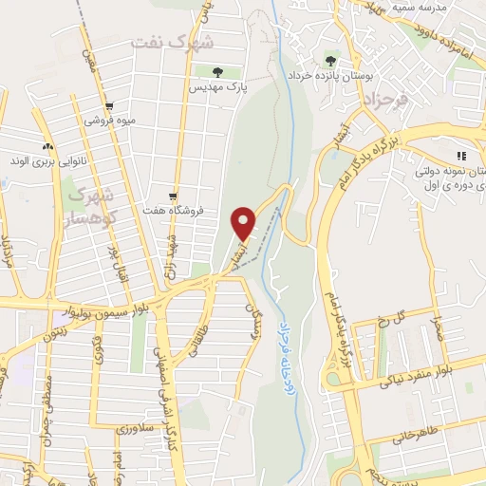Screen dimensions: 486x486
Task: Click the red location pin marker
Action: (245, 223)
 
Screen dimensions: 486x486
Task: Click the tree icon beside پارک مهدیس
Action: (217, 71)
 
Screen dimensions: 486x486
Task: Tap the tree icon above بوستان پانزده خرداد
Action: (332, 58)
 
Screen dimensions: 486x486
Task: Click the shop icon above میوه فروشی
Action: (110, 106)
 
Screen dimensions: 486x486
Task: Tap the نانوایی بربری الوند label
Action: (48, 161)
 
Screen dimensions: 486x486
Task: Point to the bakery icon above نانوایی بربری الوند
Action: (47, 146)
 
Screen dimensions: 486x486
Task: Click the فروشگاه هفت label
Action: (170, 210)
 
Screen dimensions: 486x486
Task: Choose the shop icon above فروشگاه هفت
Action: (172, 195)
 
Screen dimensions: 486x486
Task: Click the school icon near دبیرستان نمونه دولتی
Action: (461, 156)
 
